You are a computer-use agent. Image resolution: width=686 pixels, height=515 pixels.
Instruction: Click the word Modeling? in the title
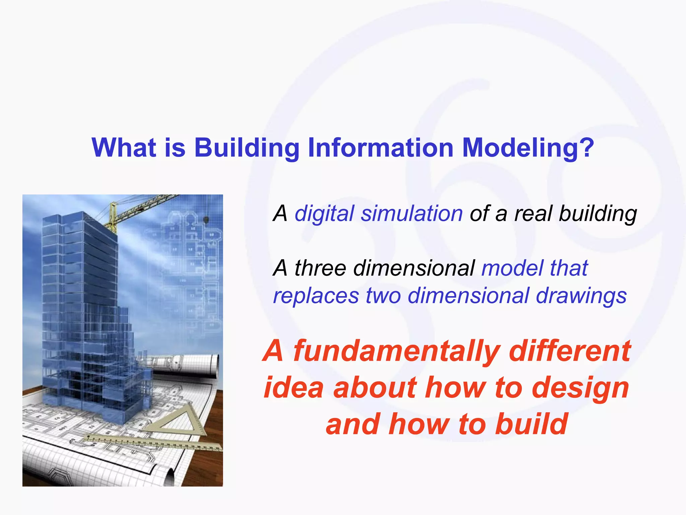(x=528, y=148)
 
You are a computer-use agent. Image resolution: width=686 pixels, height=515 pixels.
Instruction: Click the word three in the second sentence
(x=320, y=268)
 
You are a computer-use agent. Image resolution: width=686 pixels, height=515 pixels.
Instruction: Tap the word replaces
(x=316, y=296)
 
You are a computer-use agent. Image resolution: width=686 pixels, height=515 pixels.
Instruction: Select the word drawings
(x=581, y=296)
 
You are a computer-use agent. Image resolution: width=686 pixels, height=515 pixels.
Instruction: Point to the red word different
(x=569, y=351)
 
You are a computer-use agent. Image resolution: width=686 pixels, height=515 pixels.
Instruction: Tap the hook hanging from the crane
(x=206, y=220)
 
